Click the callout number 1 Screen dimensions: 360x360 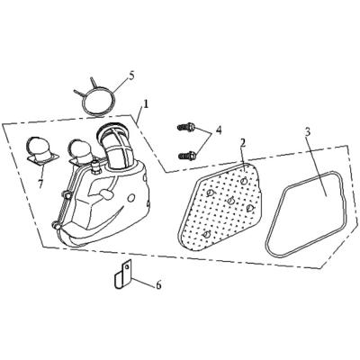tap(146, 104)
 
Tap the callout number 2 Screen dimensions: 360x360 tap(243, 143)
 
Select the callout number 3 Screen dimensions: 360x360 tap(307, 132)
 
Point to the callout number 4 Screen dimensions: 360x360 tap(219, 130)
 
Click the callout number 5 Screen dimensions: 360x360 tap(131, 76)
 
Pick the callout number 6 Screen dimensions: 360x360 tap(158, 284)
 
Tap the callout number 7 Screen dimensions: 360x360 tap(40, 184)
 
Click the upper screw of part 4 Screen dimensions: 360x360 tap(186, 128)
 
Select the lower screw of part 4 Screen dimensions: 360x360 tap(187, 156)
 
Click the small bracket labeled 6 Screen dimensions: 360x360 tap(123, 274)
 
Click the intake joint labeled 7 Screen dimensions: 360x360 tap(42, 151)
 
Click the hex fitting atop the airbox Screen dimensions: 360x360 tap(96, 168)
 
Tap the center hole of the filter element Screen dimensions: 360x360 tap(230, 201)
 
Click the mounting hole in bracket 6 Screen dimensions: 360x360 tap(127, 265)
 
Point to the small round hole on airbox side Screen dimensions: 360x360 tap(131, 198)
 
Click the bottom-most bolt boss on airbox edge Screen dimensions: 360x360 tap(55, 225)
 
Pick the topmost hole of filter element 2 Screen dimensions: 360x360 tap(244, 180)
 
